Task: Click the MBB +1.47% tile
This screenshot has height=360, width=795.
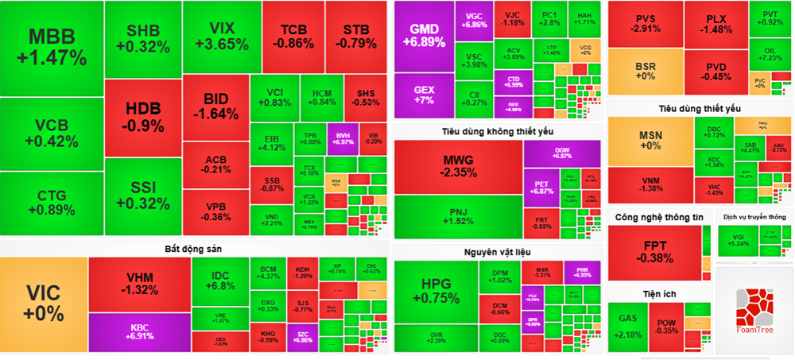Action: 52,48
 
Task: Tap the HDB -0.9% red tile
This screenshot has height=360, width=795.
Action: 142,118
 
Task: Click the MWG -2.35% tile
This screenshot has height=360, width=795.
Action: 459,165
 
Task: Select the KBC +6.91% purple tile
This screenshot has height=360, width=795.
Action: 138,332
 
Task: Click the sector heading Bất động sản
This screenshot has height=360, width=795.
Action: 194,249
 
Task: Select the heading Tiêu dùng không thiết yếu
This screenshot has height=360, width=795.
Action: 498,130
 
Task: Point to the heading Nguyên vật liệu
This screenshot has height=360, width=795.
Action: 498,253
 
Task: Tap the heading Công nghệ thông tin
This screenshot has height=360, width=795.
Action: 659,217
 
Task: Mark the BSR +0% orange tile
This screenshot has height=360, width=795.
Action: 646,70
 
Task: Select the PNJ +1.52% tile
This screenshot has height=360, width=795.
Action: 458,216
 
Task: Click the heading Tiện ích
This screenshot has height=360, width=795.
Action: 659,294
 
